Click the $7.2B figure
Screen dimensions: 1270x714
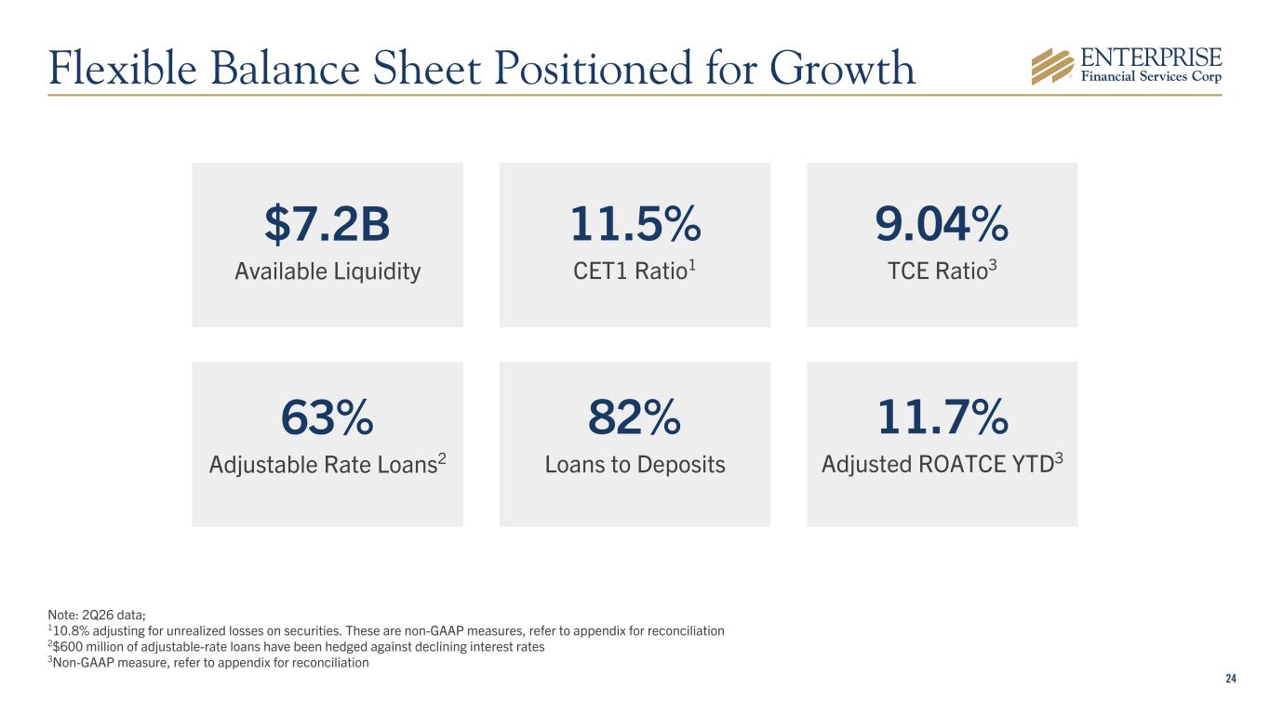click(x=328, y=224)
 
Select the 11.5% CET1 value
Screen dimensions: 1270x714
click(x=635, y=224)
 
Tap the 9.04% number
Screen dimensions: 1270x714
click(x=942, y=224)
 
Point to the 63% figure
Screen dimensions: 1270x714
click(x=328, y=417)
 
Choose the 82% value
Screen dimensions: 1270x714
click(x=635, y=417)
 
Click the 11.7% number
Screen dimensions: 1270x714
click(x=942, y=417)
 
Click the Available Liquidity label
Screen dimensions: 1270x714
click(x=328, y=271)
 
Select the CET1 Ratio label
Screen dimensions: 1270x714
click(x=635, y=271)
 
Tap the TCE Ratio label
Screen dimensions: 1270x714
click(x=942, y=271)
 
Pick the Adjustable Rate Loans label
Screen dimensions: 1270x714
click(x=328, y=464)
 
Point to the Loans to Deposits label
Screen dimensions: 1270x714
click(x=635, y=465)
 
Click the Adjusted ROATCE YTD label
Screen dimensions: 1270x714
click(x=942, y=464)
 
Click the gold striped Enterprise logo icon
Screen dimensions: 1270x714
click(x=1052, y=66)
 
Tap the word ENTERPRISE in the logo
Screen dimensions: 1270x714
click(x=1151, y=58)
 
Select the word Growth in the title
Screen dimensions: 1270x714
click(x=843, y=69)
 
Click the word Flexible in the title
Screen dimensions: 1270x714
click(x=123, y=68)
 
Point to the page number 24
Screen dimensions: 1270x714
click(x=1231, y=679)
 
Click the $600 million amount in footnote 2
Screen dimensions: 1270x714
click(x=94, y=646)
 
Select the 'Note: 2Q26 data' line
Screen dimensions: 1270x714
click(x=97, y=615)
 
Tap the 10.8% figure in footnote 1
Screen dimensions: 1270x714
click(x=71, y=630)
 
